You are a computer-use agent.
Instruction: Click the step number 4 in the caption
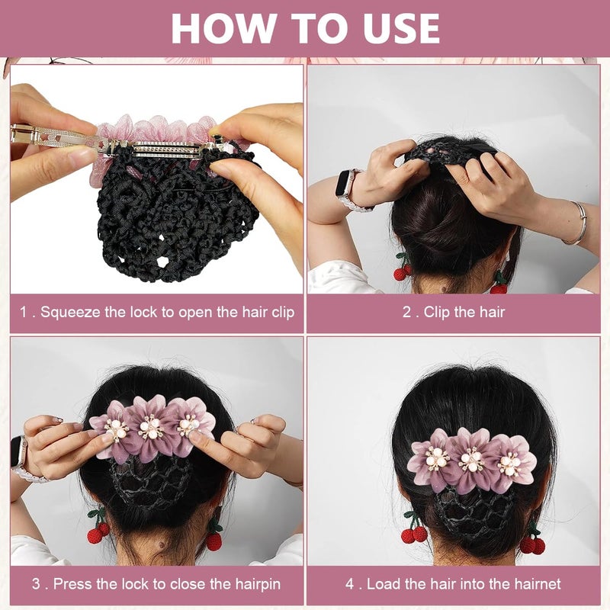350,584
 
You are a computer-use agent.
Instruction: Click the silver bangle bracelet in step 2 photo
580,223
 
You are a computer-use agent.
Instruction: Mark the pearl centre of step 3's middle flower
151,429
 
